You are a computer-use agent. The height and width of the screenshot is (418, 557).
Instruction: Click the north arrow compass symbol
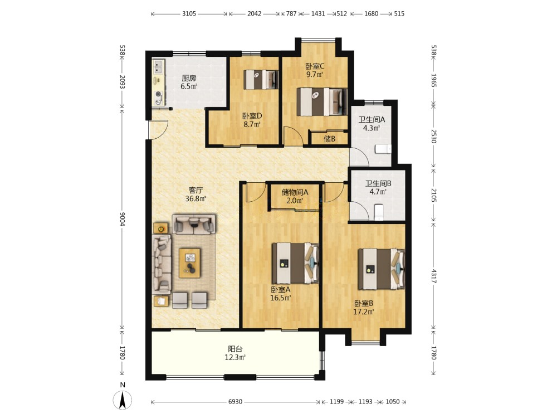point(123,400)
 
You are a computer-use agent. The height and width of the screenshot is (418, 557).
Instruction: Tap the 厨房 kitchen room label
point(189,78)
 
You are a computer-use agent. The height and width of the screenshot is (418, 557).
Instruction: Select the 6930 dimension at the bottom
point(235,402)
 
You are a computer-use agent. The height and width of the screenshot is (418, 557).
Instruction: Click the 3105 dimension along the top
point(189,13)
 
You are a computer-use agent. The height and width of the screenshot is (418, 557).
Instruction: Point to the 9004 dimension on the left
point(123,218)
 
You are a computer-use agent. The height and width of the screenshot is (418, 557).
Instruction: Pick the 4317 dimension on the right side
point(434,276)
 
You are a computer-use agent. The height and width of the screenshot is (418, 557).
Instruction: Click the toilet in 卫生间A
point(383,149)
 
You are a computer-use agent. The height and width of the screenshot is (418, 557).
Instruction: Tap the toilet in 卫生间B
point(379,211)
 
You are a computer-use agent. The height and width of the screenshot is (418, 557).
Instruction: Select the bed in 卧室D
point(260,80)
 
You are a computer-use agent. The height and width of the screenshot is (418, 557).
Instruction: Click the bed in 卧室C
point(321,102)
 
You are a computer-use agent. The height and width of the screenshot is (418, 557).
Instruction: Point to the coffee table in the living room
point(189,263)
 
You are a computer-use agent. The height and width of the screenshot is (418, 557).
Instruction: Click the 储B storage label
point(329,139)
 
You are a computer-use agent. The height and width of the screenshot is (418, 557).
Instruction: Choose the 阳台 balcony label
point(235,349)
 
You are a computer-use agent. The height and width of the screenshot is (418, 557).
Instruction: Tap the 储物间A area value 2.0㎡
point(295,201)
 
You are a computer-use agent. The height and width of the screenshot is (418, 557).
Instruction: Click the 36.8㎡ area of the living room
point(196,199)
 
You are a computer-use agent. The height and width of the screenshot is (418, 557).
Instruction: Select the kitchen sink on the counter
point(158,67)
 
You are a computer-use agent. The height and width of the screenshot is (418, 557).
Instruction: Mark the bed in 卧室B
point(381,269)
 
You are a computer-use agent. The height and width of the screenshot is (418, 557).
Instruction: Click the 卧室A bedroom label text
point(281,289)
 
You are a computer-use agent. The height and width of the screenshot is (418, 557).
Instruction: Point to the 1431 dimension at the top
point(318,13)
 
